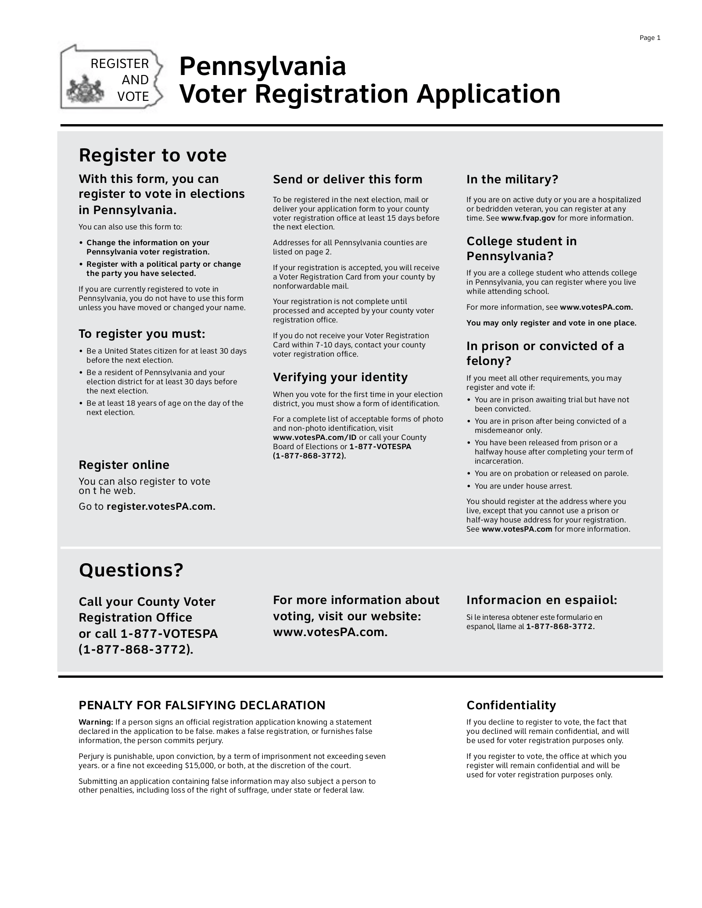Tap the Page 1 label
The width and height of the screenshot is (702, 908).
(650, 38)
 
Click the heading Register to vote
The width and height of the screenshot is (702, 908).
(152, 156)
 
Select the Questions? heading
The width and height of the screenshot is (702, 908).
(130, 570)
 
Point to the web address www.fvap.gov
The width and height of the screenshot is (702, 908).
(528, 218)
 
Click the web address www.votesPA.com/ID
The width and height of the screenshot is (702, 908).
(315, 437)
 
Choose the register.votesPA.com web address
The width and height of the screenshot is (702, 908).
(161, 507)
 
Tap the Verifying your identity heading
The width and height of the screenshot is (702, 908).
(340, 377)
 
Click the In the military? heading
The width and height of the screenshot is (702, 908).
(512, 179)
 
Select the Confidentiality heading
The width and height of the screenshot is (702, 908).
(511, 705)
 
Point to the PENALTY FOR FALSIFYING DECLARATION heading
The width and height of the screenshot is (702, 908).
(202, 705)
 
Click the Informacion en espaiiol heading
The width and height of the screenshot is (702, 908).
(541, 600)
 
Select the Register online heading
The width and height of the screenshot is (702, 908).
(124, 465)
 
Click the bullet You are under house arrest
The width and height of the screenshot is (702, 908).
(523, 486)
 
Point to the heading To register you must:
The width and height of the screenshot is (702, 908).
(142, 334)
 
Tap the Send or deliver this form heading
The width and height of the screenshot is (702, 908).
(347, 179)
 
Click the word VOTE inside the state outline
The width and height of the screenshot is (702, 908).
(133, 97)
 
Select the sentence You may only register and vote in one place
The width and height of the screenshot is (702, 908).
(551, 323)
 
